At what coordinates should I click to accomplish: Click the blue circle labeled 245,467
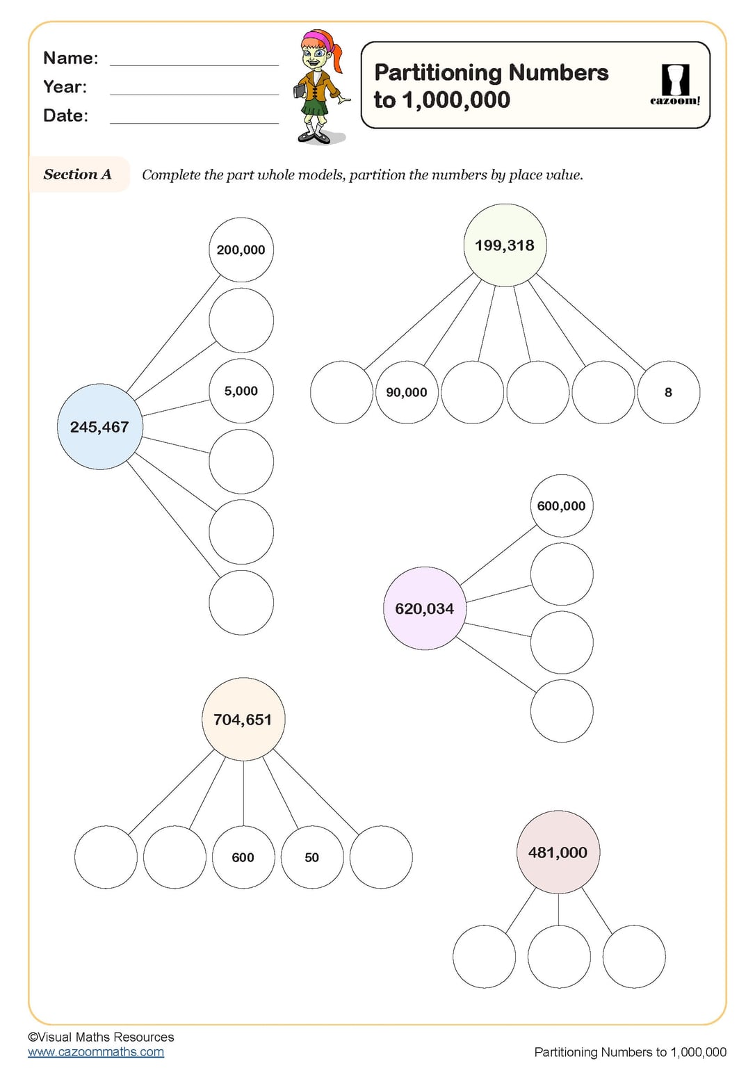tap(99, 427)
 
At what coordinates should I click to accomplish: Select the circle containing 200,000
tap(241, 250)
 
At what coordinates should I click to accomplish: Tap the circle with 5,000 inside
tap(241, 391)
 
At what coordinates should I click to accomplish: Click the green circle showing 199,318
tap(505, 245)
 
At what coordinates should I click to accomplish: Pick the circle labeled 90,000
tap(407, 392)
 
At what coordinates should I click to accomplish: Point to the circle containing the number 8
tap(668, 392)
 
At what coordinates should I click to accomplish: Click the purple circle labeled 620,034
tap(425, 608)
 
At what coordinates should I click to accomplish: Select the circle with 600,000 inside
tap(561, 506)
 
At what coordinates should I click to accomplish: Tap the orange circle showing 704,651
tap(243, 720)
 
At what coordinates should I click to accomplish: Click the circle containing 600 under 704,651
tap(243, 857)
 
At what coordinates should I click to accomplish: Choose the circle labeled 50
tap(311, 857)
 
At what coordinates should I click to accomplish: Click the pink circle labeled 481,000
tap(558, 852)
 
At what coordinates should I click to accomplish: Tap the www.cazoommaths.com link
tap(96, 1052)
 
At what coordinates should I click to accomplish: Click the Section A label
tap(78, 175)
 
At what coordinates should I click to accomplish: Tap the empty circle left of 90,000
tap(341, 392)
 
